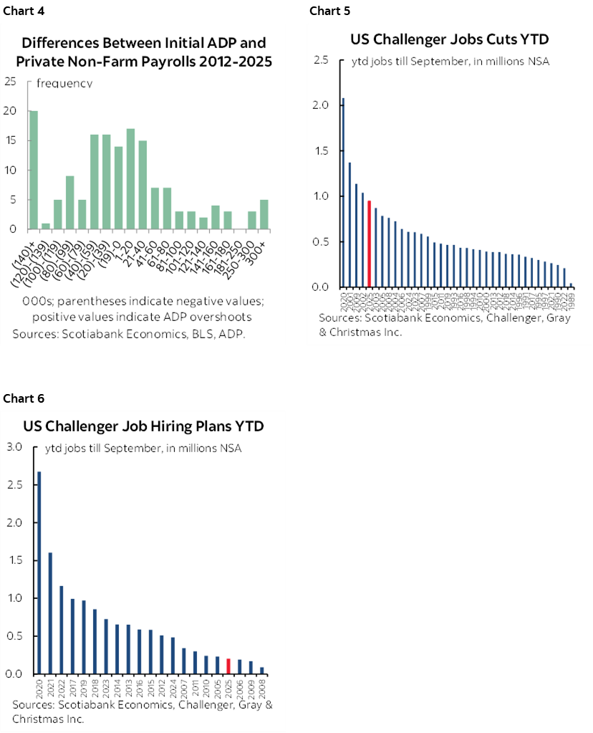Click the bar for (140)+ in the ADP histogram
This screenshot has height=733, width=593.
tap(34, 171)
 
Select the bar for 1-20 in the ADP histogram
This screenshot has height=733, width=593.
tap(130, 179)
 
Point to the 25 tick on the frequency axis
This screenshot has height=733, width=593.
tap(10, 81)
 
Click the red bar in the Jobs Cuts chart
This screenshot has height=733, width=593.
tap(369, 244)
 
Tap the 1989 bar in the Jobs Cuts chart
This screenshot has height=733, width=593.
tap(571, 284)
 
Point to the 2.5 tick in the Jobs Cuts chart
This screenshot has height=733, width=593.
tap(320, 60)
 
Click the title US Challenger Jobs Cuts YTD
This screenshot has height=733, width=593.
tap(448, 39)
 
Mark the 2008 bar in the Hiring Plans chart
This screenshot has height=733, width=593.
tap(261, 670)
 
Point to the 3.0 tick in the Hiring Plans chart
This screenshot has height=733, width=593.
tap(14, 447)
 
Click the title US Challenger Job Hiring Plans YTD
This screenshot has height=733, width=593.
tap(144, 426)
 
